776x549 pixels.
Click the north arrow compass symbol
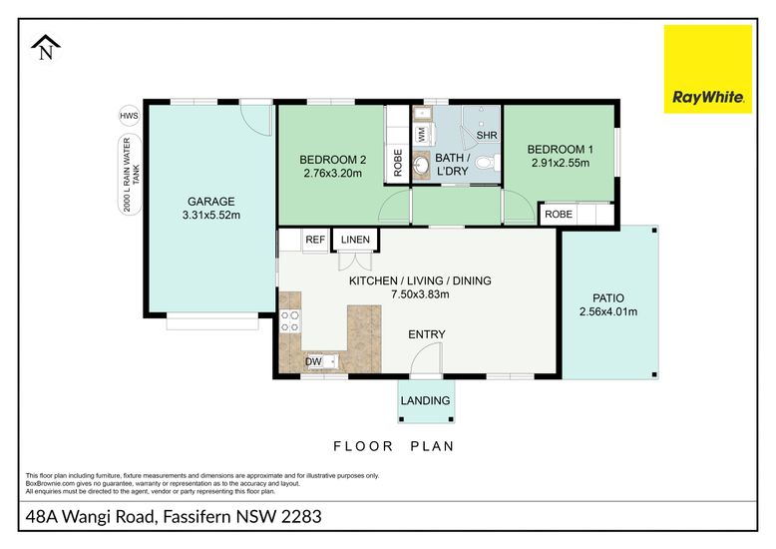pos(46,48)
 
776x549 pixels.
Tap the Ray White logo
pos(708,69)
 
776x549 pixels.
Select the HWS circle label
pos(129,116)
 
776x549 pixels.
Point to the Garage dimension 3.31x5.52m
pos(211,215)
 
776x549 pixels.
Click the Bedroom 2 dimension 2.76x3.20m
pos(332,174)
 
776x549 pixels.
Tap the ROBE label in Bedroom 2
pos(398,163)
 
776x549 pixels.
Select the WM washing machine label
pos(422,135)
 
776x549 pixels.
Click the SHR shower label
pos(487,135)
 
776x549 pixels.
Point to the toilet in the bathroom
pos(490,162)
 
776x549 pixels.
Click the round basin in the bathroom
pos(422,166)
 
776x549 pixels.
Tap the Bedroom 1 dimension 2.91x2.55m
pos(561,163)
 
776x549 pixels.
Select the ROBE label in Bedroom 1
pos(559,214)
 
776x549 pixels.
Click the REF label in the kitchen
pos(315,240)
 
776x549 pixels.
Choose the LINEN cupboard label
pos(355,240)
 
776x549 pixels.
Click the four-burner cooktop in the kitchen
pos(290,320)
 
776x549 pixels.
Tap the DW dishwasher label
pos(313,361)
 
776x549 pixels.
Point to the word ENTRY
pos(427,334)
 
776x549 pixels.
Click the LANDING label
pos(426,400)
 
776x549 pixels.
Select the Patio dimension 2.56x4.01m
pos(608,312)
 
